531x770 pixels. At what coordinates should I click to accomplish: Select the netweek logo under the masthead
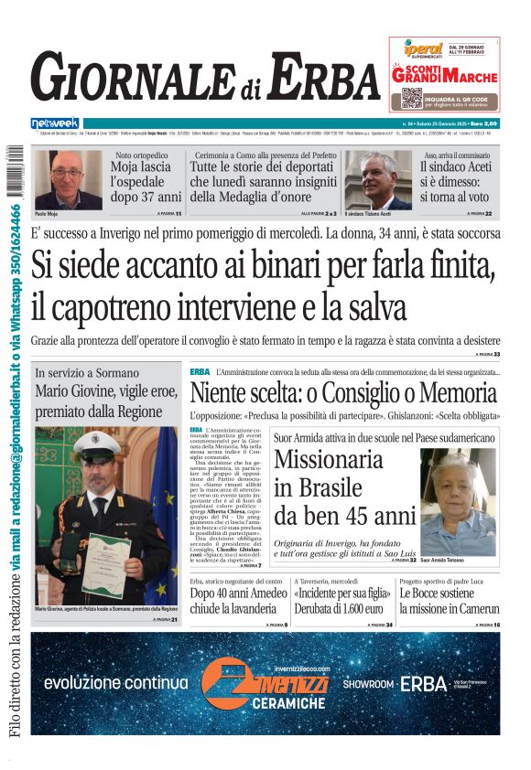click(x=55, y=123)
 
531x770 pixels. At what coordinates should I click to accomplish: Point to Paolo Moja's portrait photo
click(x=68, y=178)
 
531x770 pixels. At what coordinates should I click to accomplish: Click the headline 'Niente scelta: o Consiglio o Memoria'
click(x=344, y=395)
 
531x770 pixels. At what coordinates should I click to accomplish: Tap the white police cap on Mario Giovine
click(x=97, y=444)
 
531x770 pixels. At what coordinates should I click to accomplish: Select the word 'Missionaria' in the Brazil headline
click(x=329, y=460)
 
